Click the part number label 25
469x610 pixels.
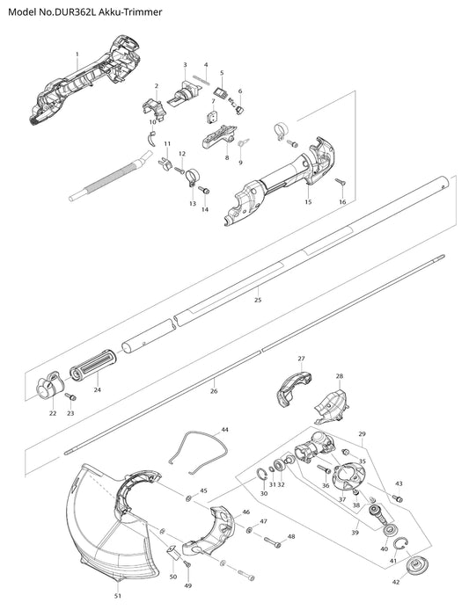click(258, 300)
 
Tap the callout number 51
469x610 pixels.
click(118, 596)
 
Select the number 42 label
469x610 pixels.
click(396, 582)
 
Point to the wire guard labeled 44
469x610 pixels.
click(199, 453)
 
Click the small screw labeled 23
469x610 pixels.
click(71, 396)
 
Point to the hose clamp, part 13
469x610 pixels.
click(192, 176)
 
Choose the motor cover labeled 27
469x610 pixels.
click(295, 389)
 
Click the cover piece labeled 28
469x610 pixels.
click(331, 408)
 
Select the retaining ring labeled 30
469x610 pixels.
click(261, 476)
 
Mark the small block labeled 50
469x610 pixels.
click(173, 552)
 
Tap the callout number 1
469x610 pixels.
click(77, 54)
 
